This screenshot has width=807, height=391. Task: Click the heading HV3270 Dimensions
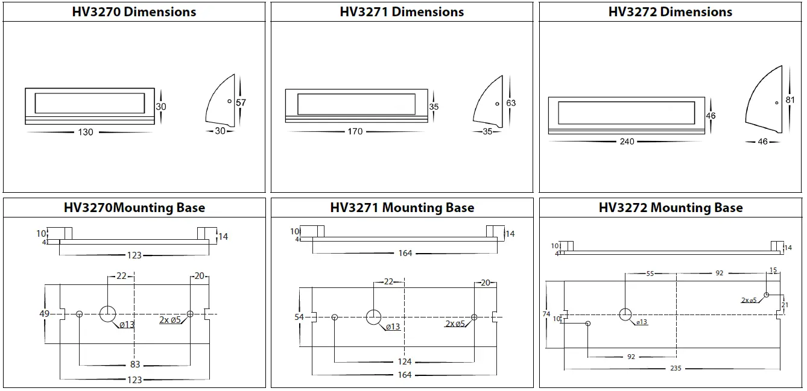[134, 11]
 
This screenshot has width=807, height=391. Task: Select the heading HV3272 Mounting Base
[671, 208]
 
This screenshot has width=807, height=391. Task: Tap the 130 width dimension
[86, 132]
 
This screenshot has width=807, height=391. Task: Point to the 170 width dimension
[355, 131]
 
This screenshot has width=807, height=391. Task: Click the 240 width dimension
[627, 142]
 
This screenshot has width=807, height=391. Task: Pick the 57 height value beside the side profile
[241, 103]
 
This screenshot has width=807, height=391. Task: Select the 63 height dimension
[511, 103]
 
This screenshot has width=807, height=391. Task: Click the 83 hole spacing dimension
[134, 364]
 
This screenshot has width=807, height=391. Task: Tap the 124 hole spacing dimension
[404, 361]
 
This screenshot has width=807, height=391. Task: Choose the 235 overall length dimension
[675, 368]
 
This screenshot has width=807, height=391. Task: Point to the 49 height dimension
[45, 314]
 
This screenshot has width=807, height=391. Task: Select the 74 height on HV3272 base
[547, 314]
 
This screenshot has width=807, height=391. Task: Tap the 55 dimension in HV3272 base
[650, 273]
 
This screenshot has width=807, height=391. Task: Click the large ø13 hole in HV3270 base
[108, 314]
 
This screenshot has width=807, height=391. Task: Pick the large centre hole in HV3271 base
[373, 317]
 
